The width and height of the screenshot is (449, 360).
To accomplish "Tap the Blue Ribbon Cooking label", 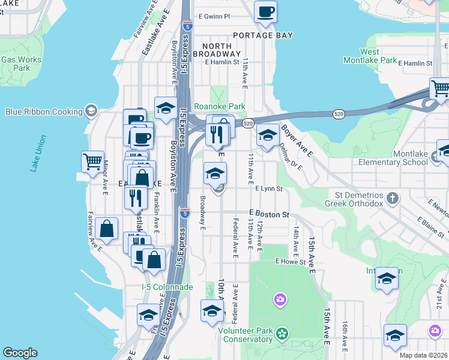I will click(x=44, y=112).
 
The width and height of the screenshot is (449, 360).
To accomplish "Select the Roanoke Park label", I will click(x=219, y=106).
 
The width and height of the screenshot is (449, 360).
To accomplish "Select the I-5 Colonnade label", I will click(x=167, y=287).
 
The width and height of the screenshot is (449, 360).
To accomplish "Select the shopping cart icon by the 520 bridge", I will click(x=440, y=89).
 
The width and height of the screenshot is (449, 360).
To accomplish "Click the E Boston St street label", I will click(x=270, y=214).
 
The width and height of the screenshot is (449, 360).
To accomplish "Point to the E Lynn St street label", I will click(x=268, y=188).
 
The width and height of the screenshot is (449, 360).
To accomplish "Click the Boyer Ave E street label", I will click(x=298, y=141).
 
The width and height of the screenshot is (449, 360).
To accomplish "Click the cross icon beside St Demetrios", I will click(x=393, y=197).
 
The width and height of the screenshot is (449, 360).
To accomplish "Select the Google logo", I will click(x=20, y=353).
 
